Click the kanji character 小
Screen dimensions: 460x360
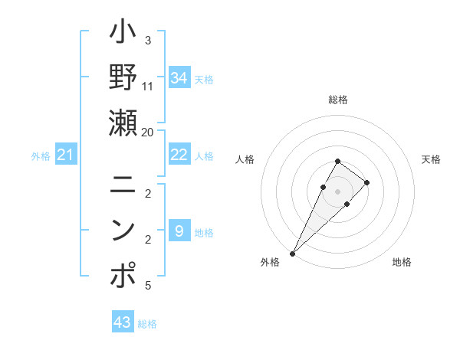click(123, 34)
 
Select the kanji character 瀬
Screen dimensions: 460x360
click(123, 122)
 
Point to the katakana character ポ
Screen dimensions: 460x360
click(123, 276)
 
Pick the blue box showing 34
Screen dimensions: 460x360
click(179, 78)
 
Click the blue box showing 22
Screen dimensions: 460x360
click(179, 155)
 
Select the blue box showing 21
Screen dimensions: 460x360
click(66, 155)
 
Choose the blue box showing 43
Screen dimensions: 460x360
click(123, 322)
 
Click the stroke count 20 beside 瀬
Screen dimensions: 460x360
click(148, 132)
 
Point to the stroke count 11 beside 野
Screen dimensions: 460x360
click(148, 86)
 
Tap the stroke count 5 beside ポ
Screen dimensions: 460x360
click(148, 286)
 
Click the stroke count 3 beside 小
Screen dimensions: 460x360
click(148, 40)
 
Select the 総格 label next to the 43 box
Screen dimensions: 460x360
click(147, 324)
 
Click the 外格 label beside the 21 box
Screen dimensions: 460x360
click(41, 156)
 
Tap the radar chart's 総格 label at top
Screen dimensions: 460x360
click(338, 100)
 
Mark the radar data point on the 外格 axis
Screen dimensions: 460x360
click(292, 254)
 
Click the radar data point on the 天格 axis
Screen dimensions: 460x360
click(367, 182)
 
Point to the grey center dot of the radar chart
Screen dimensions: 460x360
click(338, 191)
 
